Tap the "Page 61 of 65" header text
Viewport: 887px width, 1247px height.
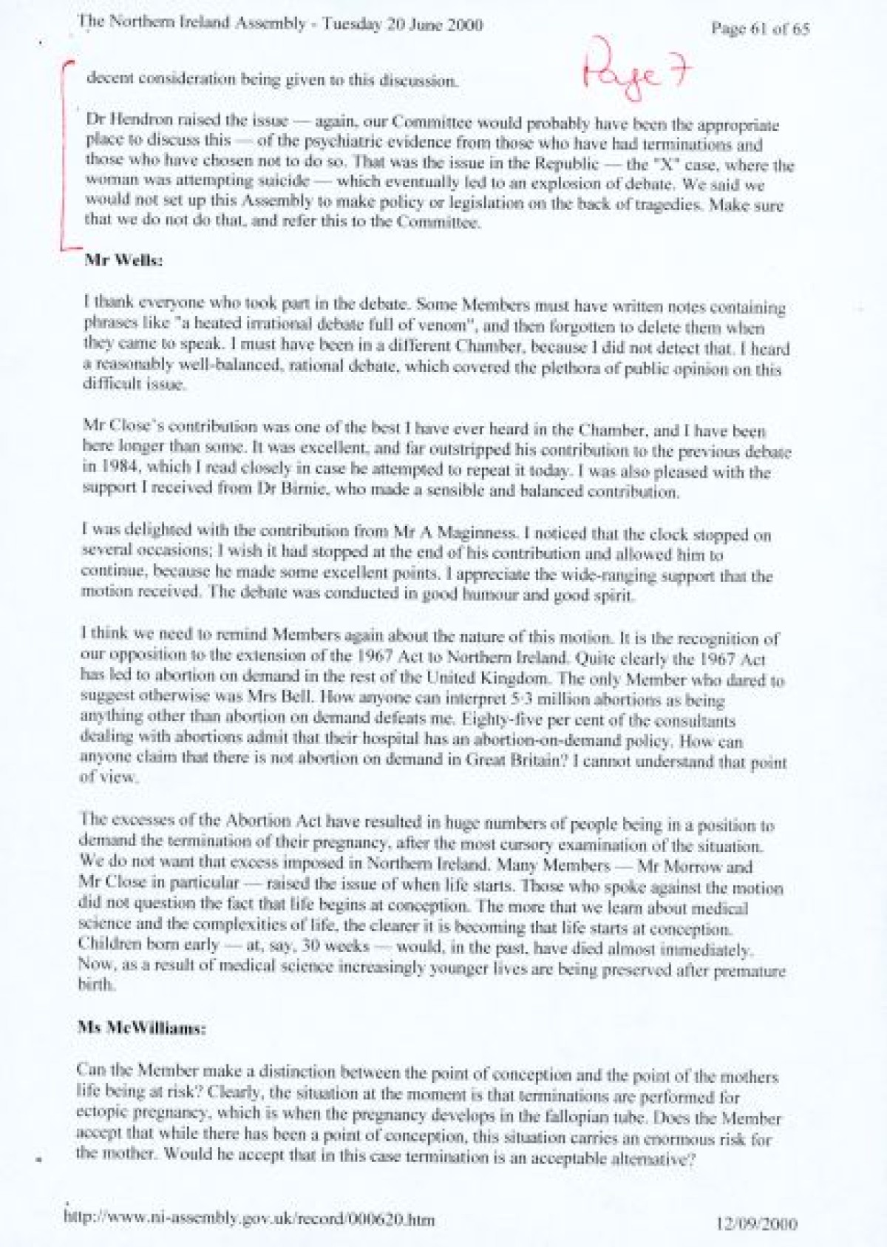pyautogui.click(x=760, y=29)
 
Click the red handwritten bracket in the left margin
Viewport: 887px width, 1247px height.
pyautogui.click(x=66, y=155)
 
